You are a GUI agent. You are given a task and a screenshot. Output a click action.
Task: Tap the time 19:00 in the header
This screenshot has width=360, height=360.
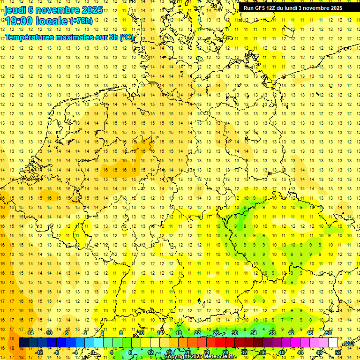(21, 21)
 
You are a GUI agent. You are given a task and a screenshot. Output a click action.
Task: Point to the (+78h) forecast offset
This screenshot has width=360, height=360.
(81, 21)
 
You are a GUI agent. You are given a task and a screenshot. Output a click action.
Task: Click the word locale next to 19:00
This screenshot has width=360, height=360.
(52, 21)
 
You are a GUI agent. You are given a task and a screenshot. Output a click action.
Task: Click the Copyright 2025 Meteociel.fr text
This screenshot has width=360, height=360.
(200, 357)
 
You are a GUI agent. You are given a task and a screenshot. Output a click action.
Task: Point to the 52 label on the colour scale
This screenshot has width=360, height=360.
(338, 352)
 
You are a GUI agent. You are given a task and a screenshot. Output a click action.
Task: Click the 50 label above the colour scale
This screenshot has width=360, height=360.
(329, 333)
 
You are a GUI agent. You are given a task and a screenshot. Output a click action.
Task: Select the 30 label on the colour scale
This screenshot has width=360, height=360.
(235, 333)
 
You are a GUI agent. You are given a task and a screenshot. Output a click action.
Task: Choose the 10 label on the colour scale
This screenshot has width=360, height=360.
(141, 333)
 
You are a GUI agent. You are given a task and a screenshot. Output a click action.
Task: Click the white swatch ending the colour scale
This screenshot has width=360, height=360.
(333, 343)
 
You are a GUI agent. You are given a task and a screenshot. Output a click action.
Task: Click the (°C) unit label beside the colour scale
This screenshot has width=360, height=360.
(348, 343)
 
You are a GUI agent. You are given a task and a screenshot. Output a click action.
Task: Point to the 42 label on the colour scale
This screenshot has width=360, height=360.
(291, 333)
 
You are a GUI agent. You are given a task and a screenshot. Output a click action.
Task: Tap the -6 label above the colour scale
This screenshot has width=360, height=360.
(67, 333)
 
